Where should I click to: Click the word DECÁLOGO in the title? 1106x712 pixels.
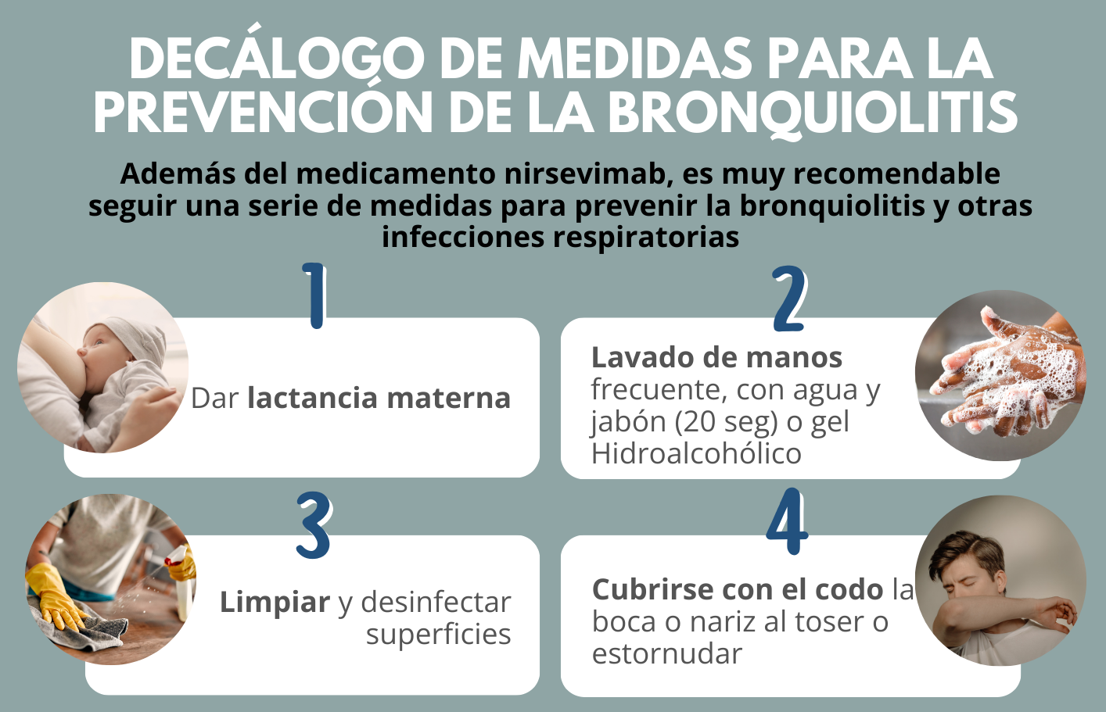click(x=277, y=57)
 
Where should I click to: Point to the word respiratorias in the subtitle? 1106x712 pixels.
click(x=646, y=238)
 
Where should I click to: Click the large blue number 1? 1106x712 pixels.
click(x=314, y=295)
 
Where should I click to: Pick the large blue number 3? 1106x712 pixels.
click(x=314, y=525)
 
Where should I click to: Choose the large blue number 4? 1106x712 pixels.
click(x=787, y=521)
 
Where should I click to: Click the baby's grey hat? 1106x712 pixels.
click(x=133, y=338)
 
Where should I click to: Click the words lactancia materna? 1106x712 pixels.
click(x=379, y=398)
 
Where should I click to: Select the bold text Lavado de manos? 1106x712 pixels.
click(x=716, y=357)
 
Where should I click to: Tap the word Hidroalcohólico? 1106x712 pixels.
click(x=696, y=453)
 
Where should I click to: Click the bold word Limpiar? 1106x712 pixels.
click(x=275, y=603)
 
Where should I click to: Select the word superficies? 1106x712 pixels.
click(x=438, y=635)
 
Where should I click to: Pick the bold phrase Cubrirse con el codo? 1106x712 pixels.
click(x=738, y=589)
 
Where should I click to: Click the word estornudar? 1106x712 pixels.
click(x=666, y=654)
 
